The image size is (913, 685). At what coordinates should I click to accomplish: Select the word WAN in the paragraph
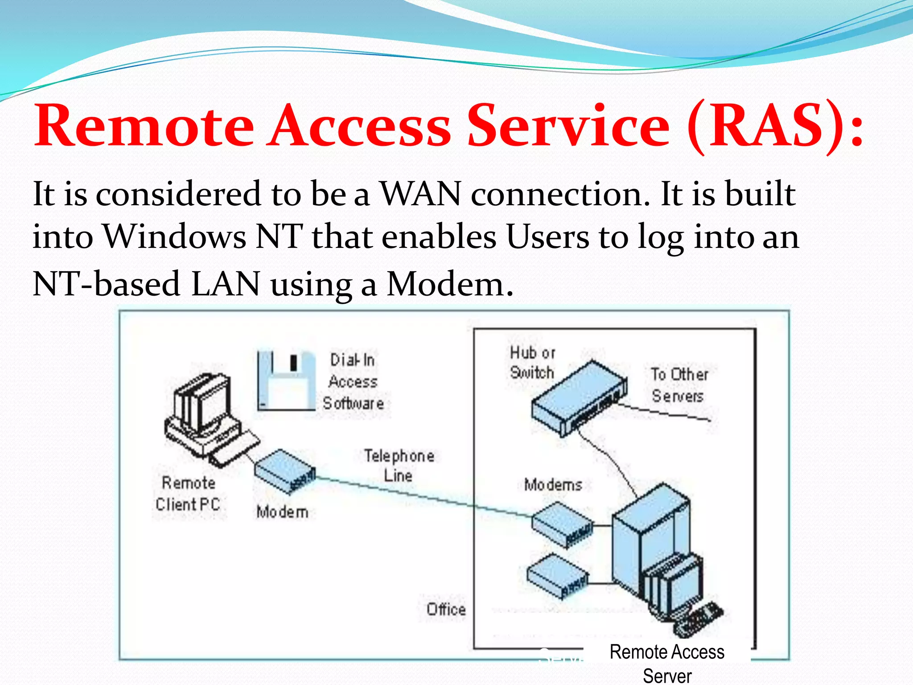click(x=420, y=194)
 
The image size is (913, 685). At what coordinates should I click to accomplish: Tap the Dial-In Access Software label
click(x=354, y=381)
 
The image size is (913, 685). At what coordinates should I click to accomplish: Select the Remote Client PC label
click(x=188, y=494)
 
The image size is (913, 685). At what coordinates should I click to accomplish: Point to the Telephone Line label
click(x=399, y=466)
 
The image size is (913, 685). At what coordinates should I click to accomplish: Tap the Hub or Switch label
click(x=532, y=362)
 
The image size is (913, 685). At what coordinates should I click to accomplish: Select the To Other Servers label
click(x=679, y=385)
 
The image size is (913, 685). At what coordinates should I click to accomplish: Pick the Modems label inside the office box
click(x=553, y=485)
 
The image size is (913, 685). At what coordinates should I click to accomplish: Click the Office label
click(x=446, y=609)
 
